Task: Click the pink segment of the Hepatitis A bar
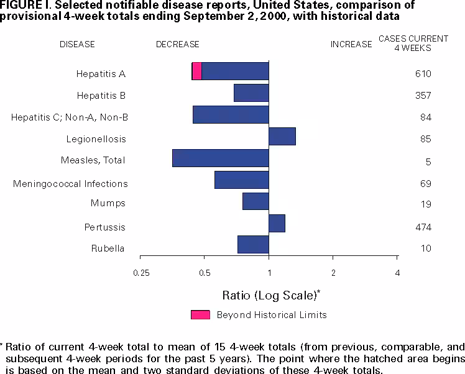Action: coord(196,71)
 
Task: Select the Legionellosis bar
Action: coord(282,136)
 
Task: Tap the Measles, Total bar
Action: coord(221,158)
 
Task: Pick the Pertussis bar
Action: coord(277,223)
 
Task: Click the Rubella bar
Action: coord(253,245)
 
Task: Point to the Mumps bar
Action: coord(256,201)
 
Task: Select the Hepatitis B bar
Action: coord(251,93)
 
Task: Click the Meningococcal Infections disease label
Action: coord(70,183)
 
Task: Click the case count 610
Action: coord(423,74)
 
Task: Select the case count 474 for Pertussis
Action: coord(423,227)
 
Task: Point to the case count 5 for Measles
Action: coord(428,162)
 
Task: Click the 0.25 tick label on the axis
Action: coord(141,273)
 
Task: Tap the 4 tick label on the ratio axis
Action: coord(397,273)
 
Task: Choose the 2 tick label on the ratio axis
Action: coord(333,273)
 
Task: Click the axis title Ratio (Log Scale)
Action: coord(270,293)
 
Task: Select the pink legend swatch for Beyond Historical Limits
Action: coord(200,314)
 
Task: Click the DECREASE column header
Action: coord(178,44)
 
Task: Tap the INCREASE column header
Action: coord(351,44)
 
